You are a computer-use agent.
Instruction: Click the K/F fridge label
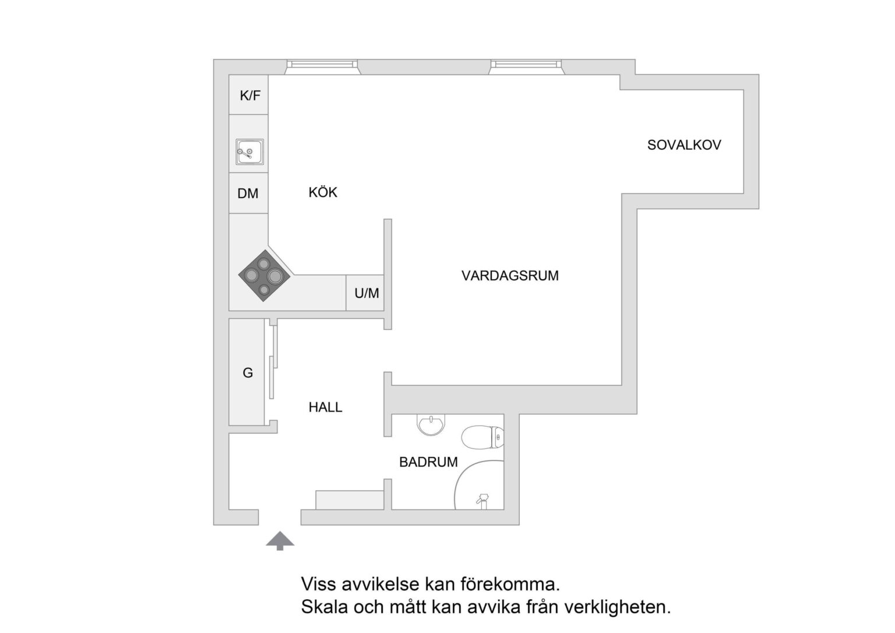click(x=250, y=96)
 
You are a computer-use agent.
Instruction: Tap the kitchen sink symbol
click(x=250, y=152)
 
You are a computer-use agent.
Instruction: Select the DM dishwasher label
click(x=248, y=194)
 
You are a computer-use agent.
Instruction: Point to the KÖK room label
click(x=323, y=192)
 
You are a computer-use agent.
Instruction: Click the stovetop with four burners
click(x=264, y=276)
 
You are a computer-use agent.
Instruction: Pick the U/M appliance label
click(x=367, y=293)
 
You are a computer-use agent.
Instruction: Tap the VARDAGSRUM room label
click(x=510, y=276)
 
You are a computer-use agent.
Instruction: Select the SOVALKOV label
click(x=684, y=145)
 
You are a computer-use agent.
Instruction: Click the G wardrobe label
click(x=248, y=373)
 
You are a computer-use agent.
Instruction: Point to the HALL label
click(x=325, y=407)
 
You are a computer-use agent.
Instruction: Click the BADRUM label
click(x=428, y=462)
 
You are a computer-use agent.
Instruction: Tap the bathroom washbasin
click(x=431, y=425)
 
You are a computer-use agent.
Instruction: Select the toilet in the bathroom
click(x=482, y=438)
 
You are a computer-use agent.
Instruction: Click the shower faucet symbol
click(x=483, y=501)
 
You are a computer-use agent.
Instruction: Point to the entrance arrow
click(x=280, y=541)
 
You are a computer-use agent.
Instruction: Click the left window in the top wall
click(x=322, y=66)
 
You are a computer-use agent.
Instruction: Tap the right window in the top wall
click(x=526, y=66)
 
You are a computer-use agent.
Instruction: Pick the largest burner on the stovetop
click(x=274, y=276)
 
